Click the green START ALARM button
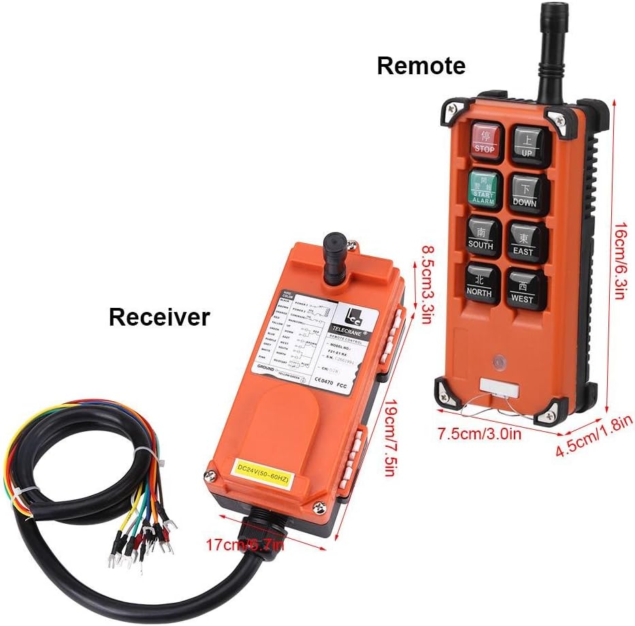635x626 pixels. pos(484,188)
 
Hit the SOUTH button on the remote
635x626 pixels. pos(481,238)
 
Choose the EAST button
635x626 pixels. pos(524,242)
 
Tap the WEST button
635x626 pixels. pos(523,289)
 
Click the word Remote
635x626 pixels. pos(421,66)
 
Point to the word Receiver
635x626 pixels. pos(159,317)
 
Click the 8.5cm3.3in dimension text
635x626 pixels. pos(421,285)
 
